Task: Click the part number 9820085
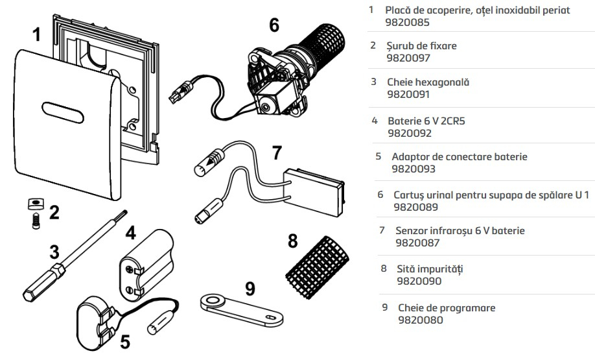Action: click(x=410, y=23)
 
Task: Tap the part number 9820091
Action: click(x=410, y=95)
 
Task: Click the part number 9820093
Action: click(x=414, y=169)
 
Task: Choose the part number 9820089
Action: click(x=416, y=208)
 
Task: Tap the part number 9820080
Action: click(x=421, y=320)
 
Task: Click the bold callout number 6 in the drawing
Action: click(x=274, y=25)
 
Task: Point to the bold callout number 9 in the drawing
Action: click(x=250, y=287)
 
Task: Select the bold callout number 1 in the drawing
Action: click(x=37, y=35)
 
